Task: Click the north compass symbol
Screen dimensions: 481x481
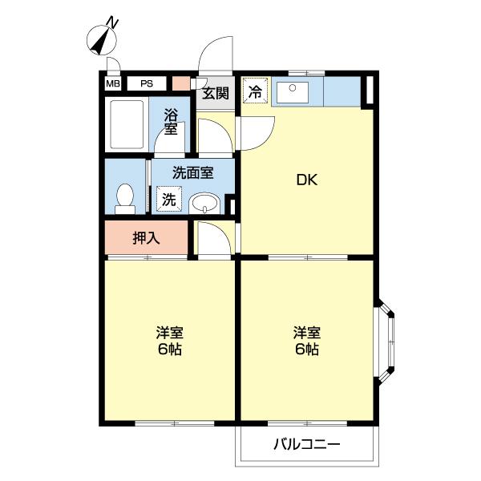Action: pyautogui.click(x=101, y=39)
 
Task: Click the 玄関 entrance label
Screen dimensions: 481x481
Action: pyautogui.click(x=214, y=93)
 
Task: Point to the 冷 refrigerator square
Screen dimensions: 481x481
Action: pyautogui.click(x=254, y=91)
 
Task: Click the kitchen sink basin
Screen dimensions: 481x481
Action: pyautogui.click(x=296, y=91)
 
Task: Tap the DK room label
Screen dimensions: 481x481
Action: pyautogui.click(x=308, y=180)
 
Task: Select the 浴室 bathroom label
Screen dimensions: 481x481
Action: pyautogui.click(x=171, y=121)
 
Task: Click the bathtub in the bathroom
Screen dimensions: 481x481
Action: pyautogui.click(x=126, y=124)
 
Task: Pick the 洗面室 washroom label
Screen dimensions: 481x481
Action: pyautogui.click(x=193, y=172)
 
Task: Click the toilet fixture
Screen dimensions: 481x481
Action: pyautogui.click(x=124, y=198)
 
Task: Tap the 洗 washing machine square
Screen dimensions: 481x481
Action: pyautogui.click(x=169, y=199)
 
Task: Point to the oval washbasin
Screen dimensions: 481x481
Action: pyautogui.click(x=205, y=203)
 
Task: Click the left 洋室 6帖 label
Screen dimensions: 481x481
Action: pyautogui.click(x=169, y=342)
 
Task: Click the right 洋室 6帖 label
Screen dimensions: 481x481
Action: pyautogui.click(x=307, y=341)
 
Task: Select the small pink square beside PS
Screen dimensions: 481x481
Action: pyautogui.click(x=181, y=83)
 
